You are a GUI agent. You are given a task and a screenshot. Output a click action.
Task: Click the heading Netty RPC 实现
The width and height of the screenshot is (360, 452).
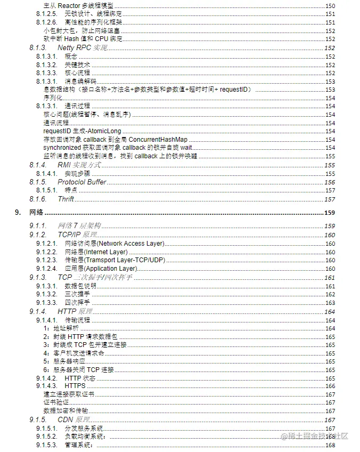(83, 48)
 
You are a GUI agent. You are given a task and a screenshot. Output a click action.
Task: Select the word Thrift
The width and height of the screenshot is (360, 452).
(66, 199)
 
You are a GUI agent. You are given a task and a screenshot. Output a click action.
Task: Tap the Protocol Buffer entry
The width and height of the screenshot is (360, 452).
(82, 182)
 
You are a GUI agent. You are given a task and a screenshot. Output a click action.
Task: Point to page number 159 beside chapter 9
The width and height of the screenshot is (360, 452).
(330, 213)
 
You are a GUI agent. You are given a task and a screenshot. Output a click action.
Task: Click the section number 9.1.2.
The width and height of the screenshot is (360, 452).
(37, 235)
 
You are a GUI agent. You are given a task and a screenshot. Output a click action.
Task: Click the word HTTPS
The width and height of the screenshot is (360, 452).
(75, 386)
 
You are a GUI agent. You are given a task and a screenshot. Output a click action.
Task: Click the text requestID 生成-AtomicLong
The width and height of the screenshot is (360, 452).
(82, 131)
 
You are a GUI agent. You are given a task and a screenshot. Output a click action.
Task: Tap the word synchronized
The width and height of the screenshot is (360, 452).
(62, 148)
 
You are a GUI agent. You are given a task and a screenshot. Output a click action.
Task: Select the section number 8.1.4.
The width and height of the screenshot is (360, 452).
(37, 165)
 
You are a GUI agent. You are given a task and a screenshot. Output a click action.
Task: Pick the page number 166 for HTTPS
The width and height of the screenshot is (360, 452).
(330, 386)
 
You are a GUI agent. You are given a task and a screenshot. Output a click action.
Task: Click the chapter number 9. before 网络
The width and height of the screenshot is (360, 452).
(18, 213)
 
